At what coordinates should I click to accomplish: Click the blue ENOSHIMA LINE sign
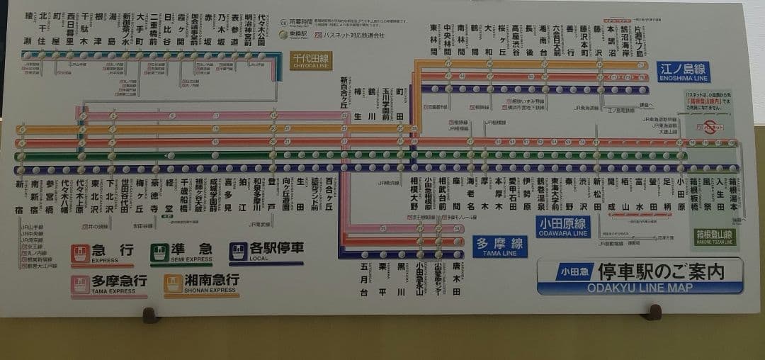pyautogui.click(x=683, y=72)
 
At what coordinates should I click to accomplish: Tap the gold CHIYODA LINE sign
pyautogui.click(x=310, y=60)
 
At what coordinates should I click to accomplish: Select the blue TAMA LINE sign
pyautogui.click(x=500, y=247)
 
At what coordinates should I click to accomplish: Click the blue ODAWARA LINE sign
pyautogui.click(x=563, y=227)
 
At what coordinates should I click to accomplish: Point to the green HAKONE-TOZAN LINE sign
pyautogui.click(x=715, y=237)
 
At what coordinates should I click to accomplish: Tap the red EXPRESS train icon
pyautogui.click(x=81, y=253)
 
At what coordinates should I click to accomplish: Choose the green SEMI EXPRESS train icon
pyautogui.click(x=159, y=253)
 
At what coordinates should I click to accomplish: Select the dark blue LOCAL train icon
pyautogui.click(x=239, y=252)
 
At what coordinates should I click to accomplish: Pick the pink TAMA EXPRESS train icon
pyautogui.click(x=81, y=283)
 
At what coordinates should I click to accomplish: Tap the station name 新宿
pyautogui.click(x=20, y=196)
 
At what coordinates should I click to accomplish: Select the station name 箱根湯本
pyautogui.click(x=734, y=195)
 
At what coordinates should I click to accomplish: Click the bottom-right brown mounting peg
pyautogui.click(x=654, y=312)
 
